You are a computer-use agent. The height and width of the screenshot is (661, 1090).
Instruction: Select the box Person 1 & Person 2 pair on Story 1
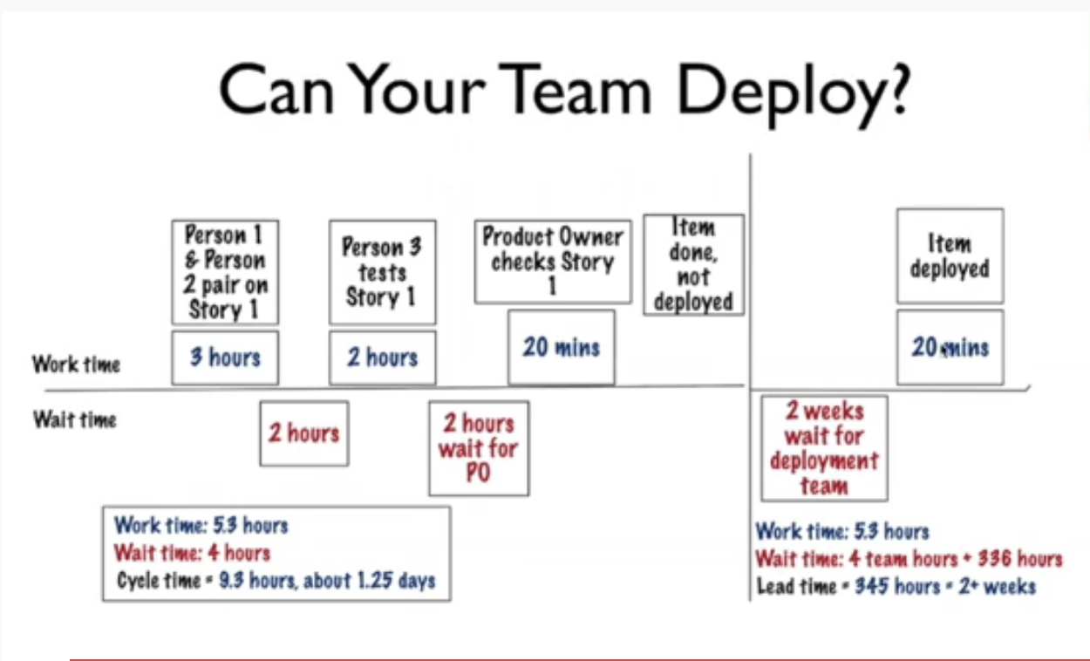point(225,272)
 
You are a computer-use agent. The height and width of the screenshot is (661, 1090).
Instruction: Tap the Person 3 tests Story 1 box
point(382,271)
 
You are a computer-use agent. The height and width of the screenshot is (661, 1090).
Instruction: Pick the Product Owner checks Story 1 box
point(553,261)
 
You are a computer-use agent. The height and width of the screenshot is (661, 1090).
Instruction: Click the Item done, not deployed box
point(693,264)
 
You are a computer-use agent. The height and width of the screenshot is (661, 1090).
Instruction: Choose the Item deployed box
point(950,256)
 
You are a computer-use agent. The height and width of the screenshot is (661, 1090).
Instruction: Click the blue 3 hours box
point(225,358)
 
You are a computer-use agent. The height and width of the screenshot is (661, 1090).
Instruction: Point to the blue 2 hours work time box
point(382,358)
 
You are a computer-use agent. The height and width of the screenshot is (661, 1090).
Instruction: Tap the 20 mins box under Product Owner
point(562,347)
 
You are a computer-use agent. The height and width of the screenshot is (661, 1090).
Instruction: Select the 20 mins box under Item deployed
point(950,347)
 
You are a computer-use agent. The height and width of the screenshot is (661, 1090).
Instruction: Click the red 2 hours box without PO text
point(303,433)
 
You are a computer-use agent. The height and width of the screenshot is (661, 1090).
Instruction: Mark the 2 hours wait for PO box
point(478,448)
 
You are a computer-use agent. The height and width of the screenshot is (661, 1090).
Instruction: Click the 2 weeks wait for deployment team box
point(824,448)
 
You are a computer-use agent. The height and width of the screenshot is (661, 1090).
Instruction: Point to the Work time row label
point(76,364)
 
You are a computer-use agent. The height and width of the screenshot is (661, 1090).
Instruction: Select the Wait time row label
point(75,420)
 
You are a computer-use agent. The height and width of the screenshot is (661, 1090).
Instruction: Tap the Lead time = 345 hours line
point(896,586)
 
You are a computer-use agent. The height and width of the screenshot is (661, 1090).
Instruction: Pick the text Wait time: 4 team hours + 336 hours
point(909,559)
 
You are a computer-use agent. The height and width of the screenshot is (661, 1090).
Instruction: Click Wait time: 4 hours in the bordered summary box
point(192,553)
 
